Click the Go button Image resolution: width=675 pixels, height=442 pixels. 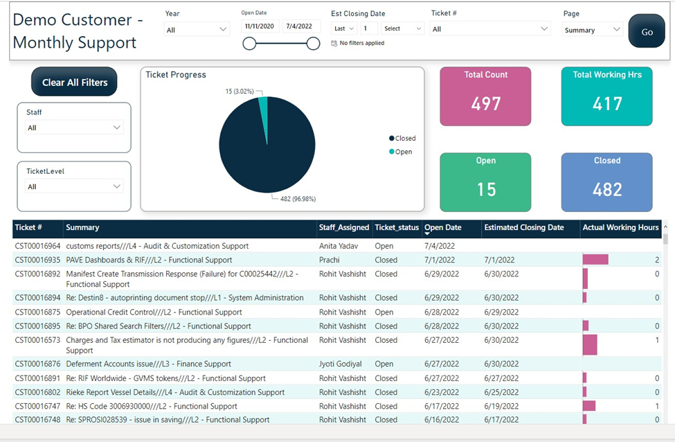(x=647, y=31)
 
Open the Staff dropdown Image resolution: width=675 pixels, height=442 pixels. (x=74, y=127)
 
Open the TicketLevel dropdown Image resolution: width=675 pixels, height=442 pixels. (x=74, y=186)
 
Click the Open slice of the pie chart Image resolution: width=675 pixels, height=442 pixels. (x=264, y=113)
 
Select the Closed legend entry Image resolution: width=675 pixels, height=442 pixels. (x=402, y=139)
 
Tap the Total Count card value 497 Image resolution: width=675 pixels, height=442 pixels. (x=485, y=103)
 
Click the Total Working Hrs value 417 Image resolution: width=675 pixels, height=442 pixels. (x=607, y=103)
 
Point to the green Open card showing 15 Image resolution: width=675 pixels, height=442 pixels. (x=485, y=182)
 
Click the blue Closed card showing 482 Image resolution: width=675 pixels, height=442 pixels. (x=607, y=182)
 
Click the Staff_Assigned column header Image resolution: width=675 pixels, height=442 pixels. (x=344, y=227)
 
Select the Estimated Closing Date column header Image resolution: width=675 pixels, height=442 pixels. (x=524, y=227)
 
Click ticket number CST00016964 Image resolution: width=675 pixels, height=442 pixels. (x=38, y=246)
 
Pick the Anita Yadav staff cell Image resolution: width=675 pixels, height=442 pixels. (x=339, y=246)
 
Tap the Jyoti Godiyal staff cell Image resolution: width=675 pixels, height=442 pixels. (x=341, y=364)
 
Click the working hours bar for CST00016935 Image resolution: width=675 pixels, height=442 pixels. (x=595, y=259)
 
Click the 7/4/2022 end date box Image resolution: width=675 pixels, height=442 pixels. (x=299, y=26)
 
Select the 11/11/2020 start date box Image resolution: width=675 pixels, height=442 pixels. (x=260, y=26)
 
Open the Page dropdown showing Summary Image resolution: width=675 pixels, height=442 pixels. (x=593, y=30)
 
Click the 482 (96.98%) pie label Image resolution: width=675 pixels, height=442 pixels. (x=298, y=199)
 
